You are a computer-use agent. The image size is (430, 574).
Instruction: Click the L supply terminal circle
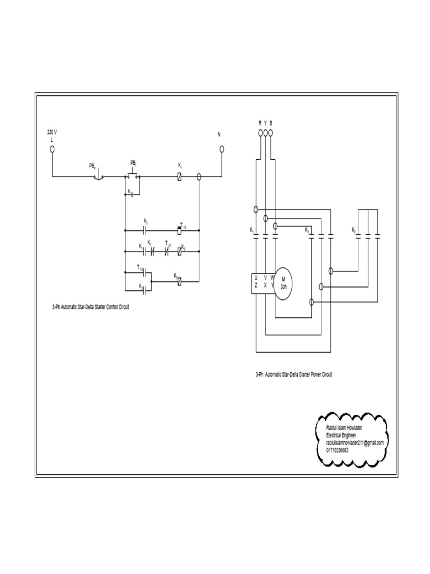coord(52,149)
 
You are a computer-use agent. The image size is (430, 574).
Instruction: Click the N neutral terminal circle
coord(222,149)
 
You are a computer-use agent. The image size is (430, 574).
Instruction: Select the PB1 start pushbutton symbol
coord(133,175)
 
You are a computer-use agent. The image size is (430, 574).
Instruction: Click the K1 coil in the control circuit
coord(179,177)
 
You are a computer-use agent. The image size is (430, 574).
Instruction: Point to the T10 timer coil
coord(179,230)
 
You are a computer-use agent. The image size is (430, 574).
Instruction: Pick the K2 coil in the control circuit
coord(179,252)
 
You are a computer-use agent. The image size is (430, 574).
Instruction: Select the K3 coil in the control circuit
coord(179,281)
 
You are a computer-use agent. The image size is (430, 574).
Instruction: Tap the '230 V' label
coord(52,132)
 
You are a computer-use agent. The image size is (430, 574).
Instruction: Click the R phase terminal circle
coord(260,133)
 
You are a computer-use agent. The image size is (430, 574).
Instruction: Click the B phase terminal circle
coord(271,133)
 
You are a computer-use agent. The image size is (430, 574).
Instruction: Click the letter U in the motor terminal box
coord(256,277)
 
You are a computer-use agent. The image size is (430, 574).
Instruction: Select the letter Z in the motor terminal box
coord(256,285)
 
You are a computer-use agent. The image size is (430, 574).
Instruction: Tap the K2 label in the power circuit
coord(353,230)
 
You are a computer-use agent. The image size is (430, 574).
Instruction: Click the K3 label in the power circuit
coord(307,230)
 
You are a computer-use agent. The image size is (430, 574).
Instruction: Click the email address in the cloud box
coord(354,442)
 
